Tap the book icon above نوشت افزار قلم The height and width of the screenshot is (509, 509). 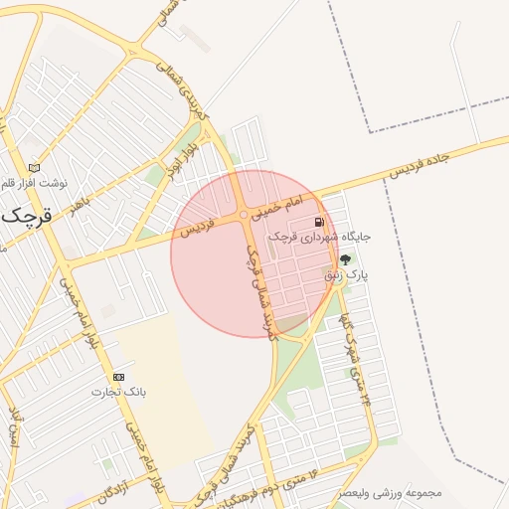37,168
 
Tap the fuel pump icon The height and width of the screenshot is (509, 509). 319,222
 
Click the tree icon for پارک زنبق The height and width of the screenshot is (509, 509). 345,259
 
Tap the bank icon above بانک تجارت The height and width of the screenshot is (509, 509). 119,377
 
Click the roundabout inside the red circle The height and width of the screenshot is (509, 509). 244,215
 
